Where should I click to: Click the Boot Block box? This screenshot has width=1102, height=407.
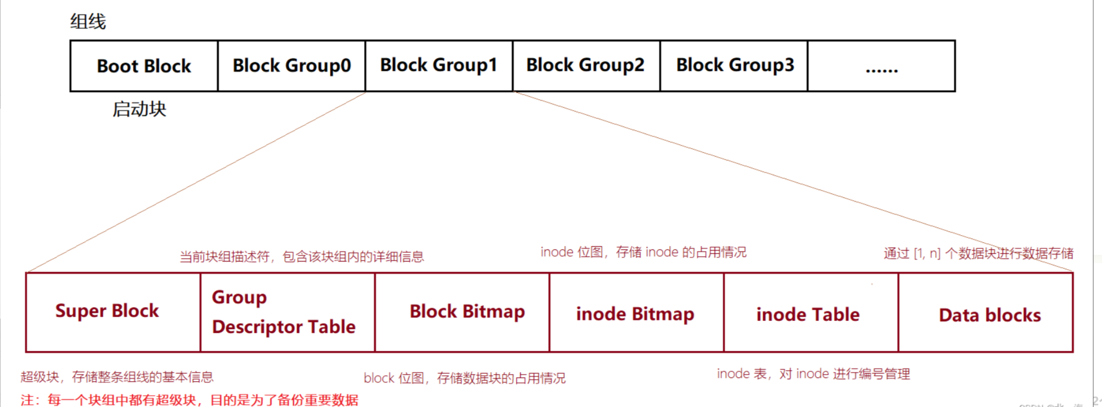pyautogui.click(x=144, y=66)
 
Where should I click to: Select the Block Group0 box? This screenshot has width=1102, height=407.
pyautogui.click(x=292, y=66)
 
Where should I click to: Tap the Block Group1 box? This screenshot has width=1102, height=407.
pyautogui.click(x=439, y=65)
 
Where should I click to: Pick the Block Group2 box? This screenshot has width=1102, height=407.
pyautogui.click(x=586, y=65)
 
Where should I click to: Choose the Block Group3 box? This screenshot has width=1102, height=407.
pyautogui.click(x=734, y=65)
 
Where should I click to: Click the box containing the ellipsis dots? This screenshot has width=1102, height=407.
pyautogui.click(x=881, y=66)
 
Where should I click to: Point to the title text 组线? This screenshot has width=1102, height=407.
pyautogui.click(x=88, y=22)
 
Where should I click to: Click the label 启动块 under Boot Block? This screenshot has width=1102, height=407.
pyautogui.click(x=139, y=109)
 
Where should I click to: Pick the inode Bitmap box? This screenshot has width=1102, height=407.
pyautogui.click(x=636, y=313)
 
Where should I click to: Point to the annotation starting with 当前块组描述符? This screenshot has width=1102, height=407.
pyautogui.click(x=301, y=257)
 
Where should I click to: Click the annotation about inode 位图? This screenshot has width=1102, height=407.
pyautogui.click(x=643, y=252)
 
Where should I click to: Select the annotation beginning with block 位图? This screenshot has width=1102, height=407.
pyautogui.click(x=464, y=378)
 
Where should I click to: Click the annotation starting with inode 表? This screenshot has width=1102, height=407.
pyautogui.click(x=813, y=374)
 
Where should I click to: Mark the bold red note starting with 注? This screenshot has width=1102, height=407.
pyautogui.click(x=189, y=399)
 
